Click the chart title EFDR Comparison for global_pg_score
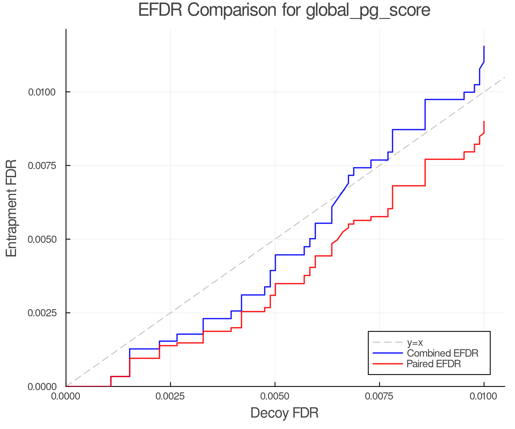coord(284,10)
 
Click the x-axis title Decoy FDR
coord(284,413)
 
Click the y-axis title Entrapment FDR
coord(11,208)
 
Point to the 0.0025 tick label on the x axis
coord(171,396)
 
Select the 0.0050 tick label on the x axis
coord(275,396)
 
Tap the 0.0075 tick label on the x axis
coord(379,396)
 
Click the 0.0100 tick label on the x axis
coord(484,396)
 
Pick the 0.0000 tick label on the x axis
coord(66,396)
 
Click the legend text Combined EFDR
coord(442,353)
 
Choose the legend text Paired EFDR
coord(434,364)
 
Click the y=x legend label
coord(415,342)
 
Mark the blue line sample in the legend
coord(388,353)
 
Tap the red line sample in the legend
coord(388,364)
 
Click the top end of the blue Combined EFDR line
coord(484,46)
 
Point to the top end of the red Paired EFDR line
coord(484,122)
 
